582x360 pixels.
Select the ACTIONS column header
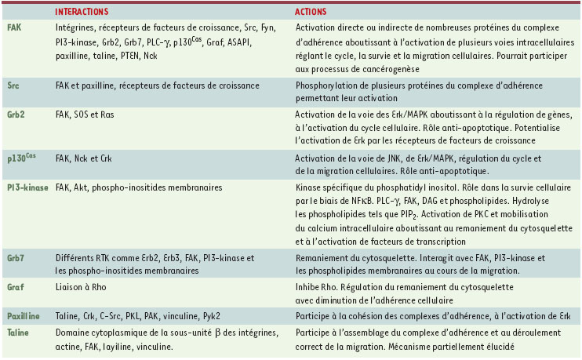(311, 13)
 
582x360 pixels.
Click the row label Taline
(18, 333)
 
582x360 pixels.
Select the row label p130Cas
(23, 157)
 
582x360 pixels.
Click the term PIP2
(404, 214)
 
